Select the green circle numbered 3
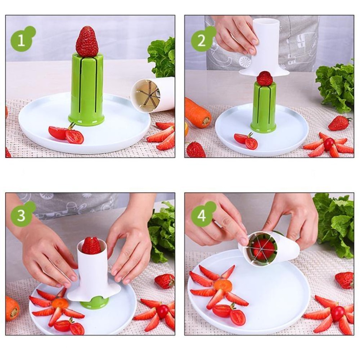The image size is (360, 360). [22, 215]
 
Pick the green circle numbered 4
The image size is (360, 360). [202, 216]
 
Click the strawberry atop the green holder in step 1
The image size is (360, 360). [87, 42]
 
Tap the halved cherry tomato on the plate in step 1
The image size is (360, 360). [66, 134]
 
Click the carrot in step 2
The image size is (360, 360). [198, 112]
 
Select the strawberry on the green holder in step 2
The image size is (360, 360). [265, 78]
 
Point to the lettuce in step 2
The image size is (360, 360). [335, 86]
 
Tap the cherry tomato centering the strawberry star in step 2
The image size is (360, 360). [329, 144]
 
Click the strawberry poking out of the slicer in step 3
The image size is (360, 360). [91, 246]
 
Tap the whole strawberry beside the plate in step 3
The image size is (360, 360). [165, 281]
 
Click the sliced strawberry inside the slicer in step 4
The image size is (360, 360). [263, 248]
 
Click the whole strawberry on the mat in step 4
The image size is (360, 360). [344, 280]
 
